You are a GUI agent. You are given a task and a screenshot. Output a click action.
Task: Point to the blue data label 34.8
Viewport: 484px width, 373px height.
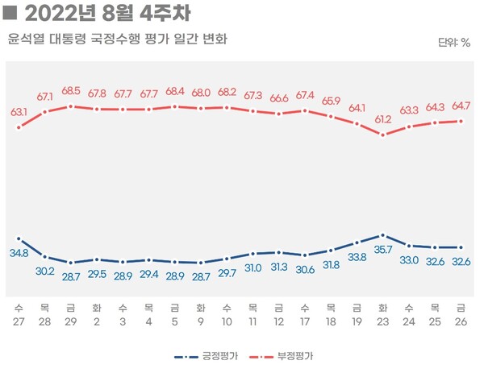19,253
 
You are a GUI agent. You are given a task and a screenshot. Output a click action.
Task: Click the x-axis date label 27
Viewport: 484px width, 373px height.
19,321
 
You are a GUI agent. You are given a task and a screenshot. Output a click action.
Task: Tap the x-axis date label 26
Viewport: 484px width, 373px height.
461,321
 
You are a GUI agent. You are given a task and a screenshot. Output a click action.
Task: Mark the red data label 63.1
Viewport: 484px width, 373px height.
19,112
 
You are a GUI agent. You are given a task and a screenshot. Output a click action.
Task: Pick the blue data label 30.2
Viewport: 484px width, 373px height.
45,271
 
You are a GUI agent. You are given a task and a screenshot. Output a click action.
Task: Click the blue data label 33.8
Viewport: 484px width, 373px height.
357,257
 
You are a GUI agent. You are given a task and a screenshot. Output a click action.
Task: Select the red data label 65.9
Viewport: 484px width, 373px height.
331,101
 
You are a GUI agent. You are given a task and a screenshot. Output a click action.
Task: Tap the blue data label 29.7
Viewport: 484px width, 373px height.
227,273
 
